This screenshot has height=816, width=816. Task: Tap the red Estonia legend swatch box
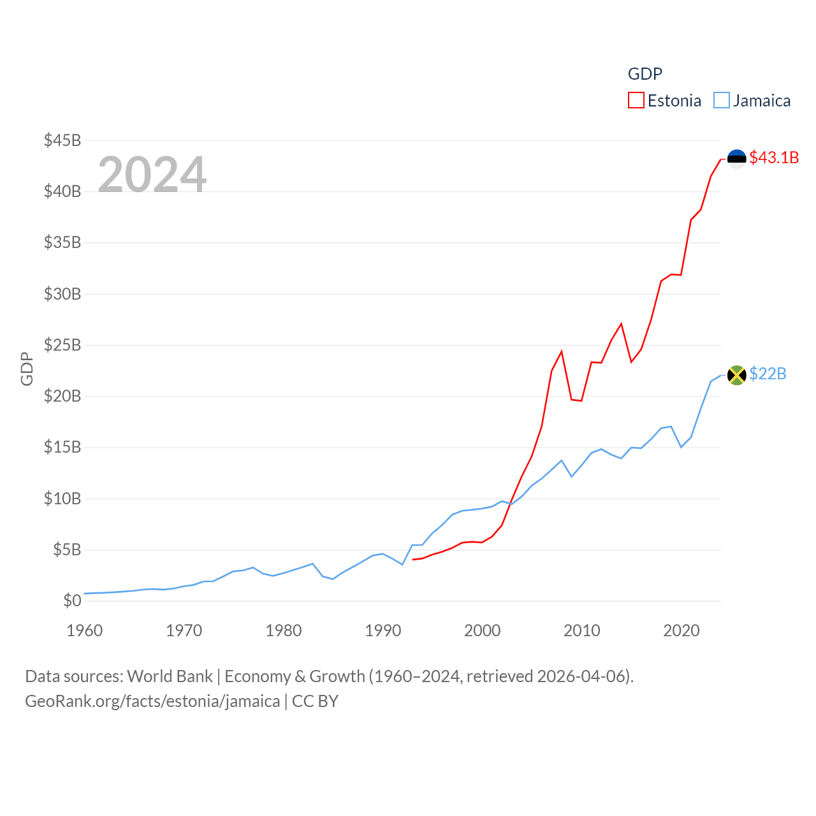tap(636, 101)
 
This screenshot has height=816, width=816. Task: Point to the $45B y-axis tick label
tap(62, 140)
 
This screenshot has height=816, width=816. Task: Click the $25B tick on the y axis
tap(62, 345)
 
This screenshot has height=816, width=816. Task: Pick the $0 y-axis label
tap(72, 601)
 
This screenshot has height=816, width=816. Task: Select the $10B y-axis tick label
tap(62, 499)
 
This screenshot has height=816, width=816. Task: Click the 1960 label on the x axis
tap(85, 630)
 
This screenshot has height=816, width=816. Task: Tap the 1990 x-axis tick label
tap(383, 630)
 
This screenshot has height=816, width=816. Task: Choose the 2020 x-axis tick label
tap(681, 630)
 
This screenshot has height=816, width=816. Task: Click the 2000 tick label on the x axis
tap(483, 630)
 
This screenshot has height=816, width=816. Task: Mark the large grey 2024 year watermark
tap(152, 174)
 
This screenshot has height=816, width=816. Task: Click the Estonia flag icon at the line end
tap(736, 159)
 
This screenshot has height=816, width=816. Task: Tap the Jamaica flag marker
tap(736, 375)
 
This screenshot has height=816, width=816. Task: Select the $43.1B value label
tap(774, 157)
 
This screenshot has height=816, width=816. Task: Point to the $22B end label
tap(768, 374)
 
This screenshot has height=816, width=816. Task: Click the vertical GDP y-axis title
tap(27, 368)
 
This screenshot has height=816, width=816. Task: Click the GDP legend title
tap(645, 74)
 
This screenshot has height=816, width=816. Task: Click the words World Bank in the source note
tap(170, 676)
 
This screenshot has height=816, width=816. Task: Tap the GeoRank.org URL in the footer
tap(152, 701)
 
